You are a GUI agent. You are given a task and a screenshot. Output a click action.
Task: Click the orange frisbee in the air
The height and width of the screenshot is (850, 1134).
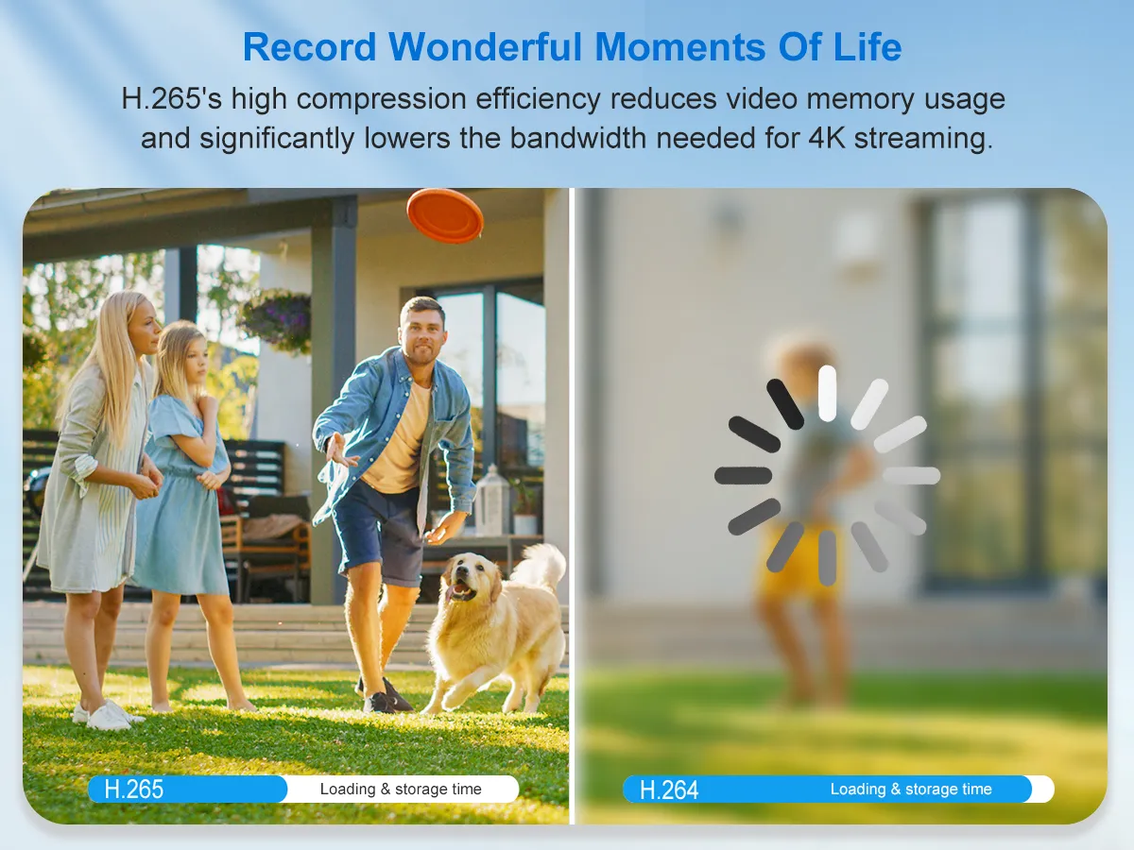445,215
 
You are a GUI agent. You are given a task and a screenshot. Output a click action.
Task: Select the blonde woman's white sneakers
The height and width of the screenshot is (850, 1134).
107,715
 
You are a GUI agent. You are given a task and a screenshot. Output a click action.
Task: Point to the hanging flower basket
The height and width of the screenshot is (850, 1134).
276,320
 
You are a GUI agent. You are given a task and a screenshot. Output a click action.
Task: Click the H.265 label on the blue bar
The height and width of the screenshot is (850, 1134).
134,790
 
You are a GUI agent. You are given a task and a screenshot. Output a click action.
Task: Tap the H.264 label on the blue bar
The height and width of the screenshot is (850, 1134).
669,790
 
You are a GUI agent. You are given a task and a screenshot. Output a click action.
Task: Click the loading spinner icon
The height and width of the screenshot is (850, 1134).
827,475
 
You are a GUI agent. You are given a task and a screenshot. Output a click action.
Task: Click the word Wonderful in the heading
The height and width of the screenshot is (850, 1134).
485,47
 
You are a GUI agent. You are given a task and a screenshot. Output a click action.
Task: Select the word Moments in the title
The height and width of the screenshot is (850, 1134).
680,47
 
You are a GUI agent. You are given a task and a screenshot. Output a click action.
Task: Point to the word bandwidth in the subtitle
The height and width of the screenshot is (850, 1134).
577,138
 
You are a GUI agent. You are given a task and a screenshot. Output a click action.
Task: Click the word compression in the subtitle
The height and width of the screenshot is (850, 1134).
381,98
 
